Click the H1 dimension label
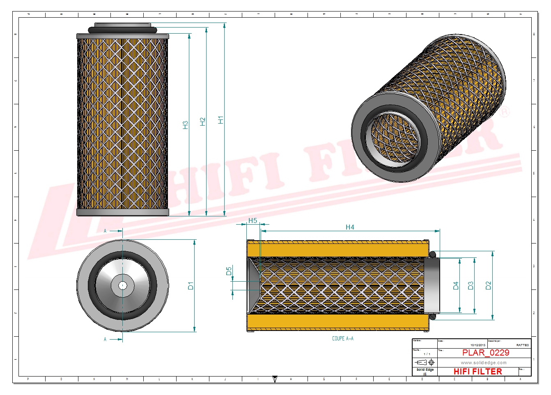coord(220,120)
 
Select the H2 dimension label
coord(202,122)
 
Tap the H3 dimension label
coord(185,125)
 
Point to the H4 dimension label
coord(349,227)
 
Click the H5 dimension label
coord(253,221)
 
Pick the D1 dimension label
coord(191,286)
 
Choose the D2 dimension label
coord(488,286)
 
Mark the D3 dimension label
coord(471,286)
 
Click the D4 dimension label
coord(456,286)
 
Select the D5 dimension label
coord(229,271)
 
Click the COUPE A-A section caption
coord(342,338)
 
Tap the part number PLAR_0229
coord(485,353)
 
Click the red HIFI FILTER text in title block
coord(478,372)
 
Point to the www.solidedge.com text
coord(483,363)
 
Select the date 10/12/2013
coord(478,345)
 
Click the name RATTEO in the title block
coord(522,345)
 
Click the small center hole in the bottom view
coord(122,285)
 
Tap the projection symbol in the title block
coord(425,363)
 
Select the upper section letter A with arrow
coord(106,231)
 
